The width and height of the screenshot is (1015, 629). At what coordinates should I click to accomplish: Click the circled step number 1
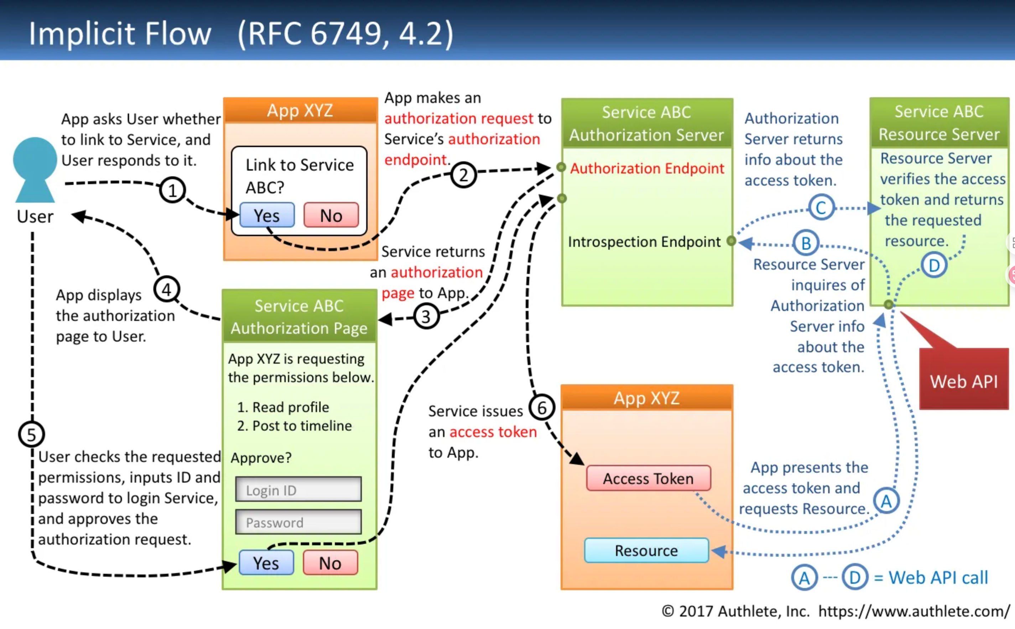(172, 190)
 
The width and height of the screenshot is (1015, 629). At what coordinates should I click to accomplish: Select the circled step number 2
(463, 175)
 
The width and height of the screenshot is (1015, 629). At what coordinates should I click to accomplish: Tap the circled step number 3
(426, 317)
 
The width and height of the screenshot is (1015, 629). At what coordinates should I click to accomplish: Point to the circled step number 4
(167, 290)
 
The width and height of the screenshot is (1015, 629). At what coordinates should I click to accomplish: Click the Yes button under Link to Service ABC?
(267, 215)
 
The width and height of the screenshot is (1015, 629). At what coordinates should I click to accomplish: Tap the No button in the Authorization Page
(330, 563)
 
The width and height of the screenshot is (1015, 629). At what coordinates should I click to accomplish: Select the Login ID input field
(298, 489)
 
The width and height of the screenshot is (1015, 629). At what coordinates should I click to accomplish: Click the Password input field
(298, 522)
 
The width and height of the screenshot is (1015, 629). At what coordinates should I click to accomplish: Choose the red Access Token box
(649, 478)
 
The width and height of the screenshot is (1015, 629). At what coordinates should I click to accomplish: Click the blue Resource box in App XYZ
(646, 550)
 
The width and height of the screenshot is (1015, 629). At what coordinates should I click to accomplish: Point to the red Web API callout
(963, 378)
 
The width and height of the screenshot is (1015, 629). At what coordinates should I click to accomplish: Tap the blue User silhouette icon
(35, 170)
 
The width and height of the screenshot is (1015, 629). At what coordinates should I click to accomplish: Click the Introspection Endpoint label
(644, 242)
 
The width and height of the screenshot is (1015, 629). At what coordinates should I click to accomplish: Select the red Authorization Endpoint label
(647, 168)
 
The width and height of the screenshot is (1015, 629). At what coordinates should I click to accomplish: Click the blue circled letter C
(821, 207)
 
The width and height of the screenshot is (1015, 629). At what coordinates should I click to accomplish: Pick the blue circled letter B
(806, 243)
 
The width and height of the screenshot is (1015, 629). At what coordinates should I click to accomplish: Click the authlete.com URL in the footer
(914, 611)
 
